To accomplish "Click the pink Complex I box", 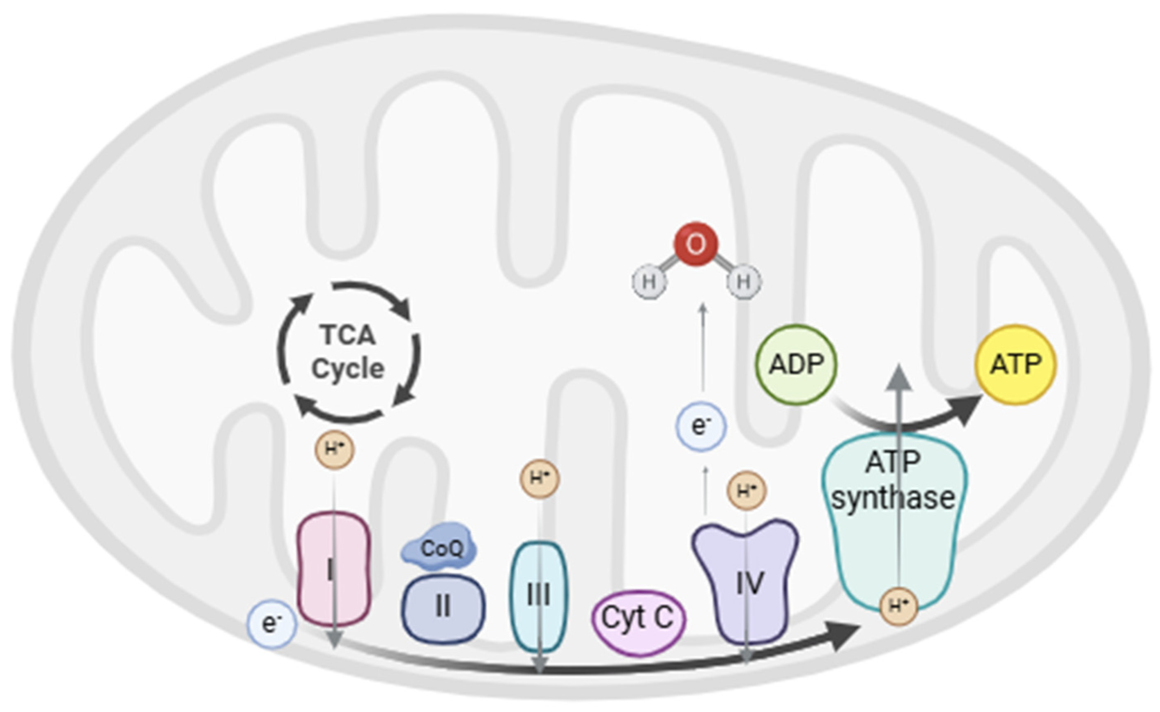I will click(x=334, y=570).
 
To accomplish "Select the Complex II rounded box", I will click(x=443, y=607).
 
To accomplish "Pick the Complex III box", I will click(x=539, y=596).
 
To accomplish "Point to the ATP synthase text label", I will click(x=894, y=480).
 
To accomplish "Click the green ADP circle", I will click(x=796, y=364).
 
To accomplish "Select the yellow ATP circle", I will click(x=1015, y=364).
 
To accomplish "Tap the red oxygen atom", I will click(x=696, y=244).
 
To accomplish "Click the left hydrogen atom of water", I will click(x=649, y=282).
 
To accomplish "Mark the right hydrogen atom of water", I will click(x=743, y=282).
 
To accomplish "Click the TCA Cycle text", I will click(x=348, y=351).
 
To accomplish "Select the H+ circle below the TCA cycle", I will click(x=334, y=449).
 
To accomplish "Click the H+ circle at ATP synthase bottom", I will click(x=898, y=606).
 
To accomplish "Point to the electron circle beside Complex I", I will click(x=271, y=624).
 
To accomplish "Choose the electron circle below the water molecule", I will click(x=701, y=426).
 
